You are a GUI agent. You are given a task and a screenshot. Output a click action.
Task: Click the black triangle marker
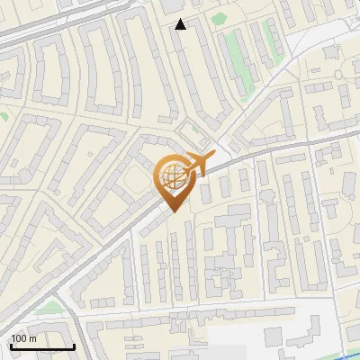point(181,24)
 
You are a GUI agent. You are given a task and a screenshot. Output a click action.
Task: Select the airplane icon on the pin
point(193,165)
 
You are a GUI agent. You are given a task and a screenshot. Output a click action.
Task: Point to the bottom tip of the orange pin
point(172,211)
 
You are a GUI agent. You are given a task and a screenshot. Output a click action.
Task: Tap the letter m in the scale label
point(33,337)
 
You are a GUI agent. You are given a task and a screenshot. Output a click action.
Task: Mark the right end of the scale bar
point(74,346)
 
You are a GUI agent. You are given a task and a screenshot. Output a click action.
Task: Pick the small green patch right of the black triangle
point(218,18)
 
